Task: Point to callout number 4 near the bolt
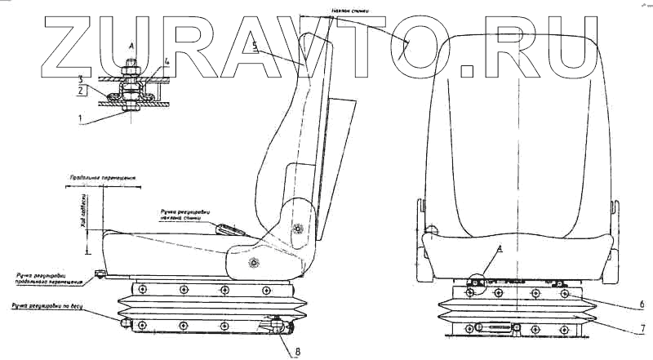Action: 167,61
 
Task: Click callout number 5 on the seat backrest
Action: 255,51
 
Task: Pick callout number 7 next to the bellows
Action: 643,329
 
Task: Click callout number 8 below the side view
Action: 283,353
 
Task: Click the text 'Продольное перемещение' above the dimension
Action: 102,177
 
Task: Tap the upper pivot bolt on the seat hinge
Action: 296,229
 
